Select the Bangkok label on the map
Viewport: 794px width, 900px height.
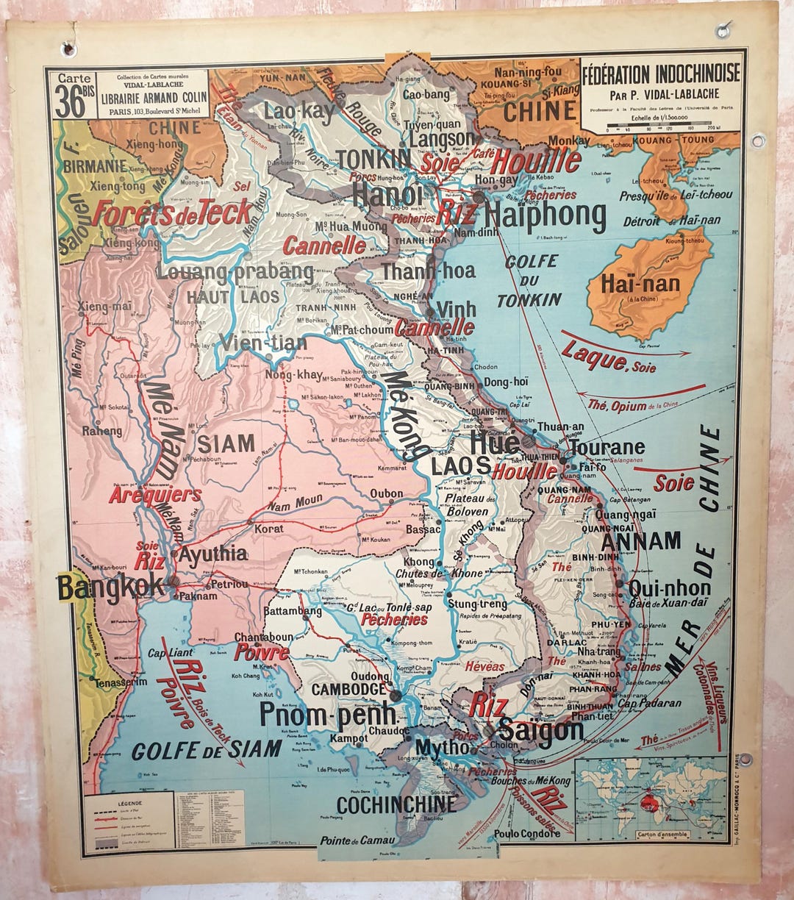pos(110,587)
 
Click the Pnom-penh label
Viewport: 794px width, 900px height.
pos(327,714)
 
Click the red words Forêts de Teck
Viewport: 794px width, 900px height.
pos(172,213)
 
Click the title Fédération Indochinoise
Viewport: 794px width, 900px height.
pos(660,75)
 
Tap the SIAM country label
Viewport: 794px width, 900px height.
pos(225,443)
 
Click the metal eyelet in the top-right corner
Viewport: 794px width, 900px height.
pos(723,30)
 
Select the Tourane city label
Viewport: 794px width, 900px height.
pos(607,447)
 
